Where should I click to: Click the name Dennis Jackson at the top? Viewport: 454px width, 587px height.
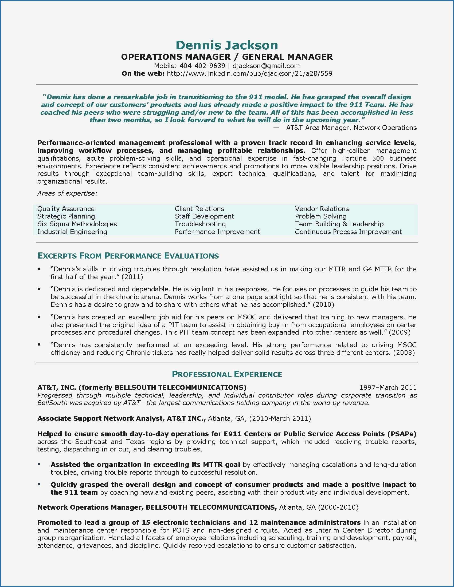click(227, 45)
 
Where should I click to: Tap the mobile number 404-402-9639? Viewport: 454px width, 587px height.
click(202, 66)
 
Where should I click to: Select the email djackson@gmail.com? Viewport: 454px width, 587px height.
click(266, 66)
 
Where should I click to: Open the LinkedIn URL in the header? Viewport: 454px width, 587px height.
click(250, 73)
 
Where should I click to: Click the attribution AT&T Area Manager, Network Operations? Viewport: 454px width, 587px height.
click(351, 128)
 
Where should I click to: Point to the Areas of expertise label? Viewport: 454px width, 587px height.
click(67, 193)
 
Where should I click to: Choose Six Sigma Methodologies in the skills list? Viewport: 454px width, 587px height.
click(77, 224)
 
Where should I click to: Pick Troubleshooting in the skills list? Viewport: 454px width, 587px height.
click(200, 224)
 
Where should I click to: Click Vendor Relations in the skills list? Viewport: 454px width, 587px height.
click(322, 209)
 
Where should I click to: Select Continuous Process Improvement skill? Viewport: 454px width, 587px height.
click(348, 232)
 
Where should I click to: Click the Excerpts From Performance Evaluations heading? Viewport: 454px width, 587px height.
click(128, 256)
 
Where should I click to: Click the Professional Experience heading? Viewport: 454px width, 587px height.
click(227, 374)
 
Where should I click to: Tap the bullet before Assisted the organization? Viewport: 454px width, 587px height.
click(39, 464)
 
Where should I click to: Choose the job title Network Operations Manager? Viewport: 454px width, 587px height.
click(89, 507)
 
